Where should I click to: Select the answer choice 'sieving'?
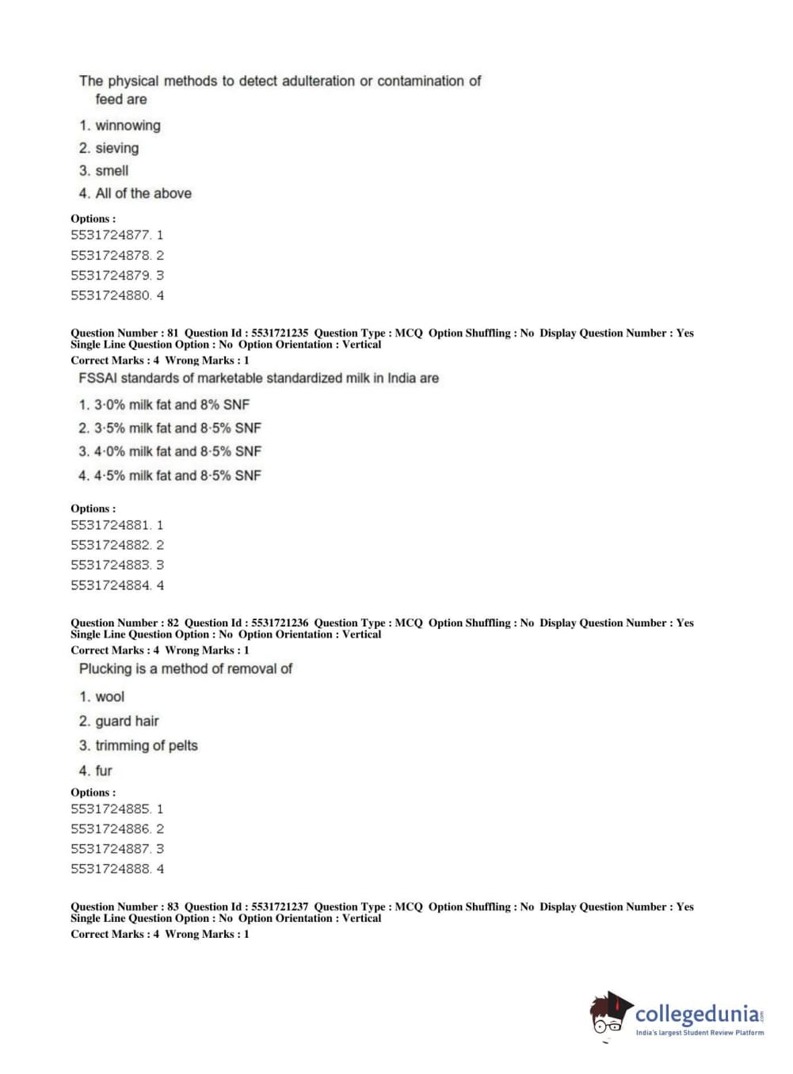(116, 148)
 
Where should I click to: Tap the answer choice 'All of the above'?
(143, 193)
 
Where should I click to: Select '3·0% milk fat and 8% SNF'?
(171, 405)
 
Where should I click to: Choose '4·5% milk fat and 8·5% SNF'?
(177, 475)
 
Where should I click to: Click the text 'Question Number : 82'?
(124, 623)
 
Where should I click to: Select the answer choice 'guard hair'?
(127, 721)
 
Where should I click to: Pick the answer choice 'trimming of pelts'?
(146, 745)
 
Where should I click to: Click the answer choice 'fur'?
(104, 771)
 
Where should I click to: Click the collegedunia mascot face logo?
(610, 1014)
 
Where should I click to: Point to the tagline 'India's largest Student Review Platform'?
(700, 1033)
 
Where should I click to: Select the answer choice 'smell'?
(112, 170)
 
